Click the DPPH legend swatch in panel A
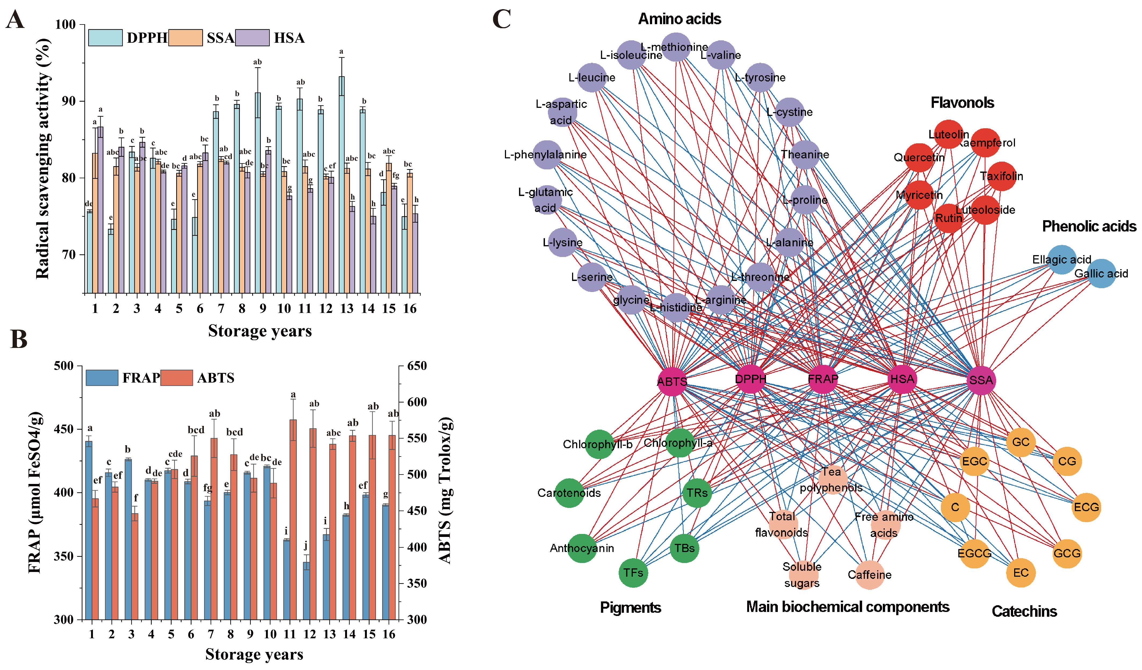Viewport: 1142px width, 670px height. click(105, 38)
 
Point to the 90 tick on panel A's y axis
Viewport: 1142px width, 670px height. click(68, 101)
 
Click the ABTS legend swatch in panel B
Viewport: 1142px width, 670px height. click(177, 378)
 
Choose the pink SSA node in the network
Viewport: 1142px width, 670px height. click(981, 380)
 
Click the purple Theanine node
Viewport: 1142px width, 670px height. click(805, 155)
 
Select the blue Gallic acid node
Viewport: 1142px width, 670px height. click(1101, 273)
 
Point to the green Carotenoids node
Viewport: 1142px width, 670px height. click(569, 493)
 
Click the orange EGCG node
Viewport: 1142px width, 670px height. click(974, 553)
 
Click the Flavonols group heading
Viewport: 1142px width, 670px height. click(962, 103)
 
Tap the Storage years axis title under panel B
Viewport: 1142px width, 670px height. click(254, 654)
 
